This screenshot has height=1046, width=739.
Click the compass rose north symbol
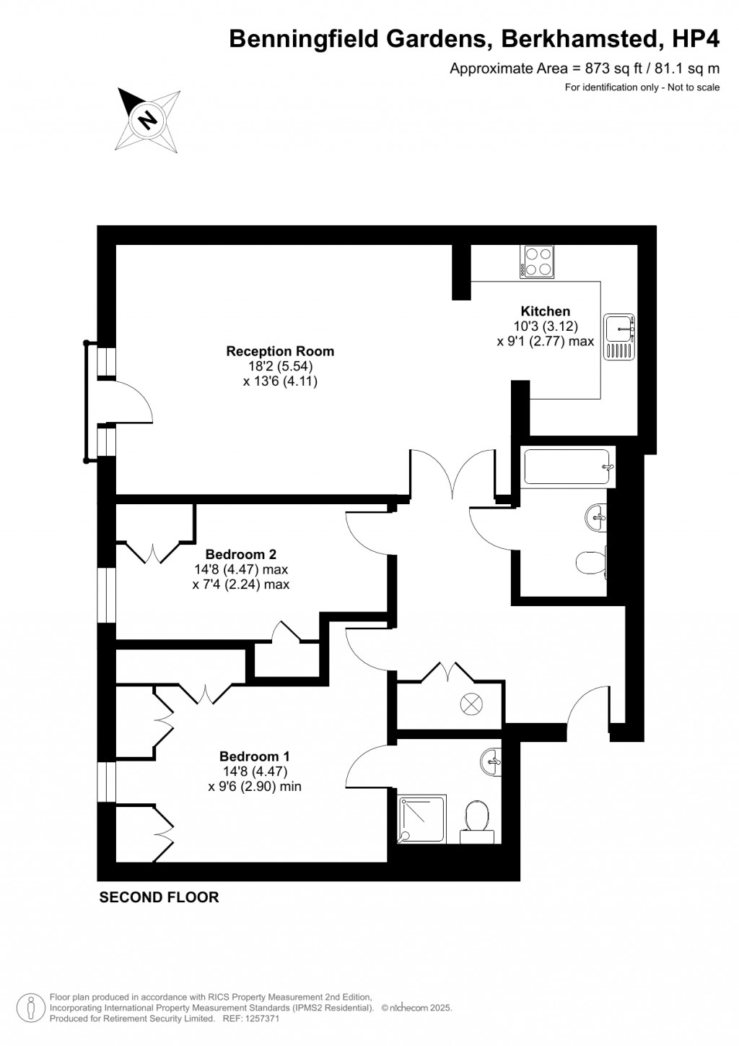pyautogui.click(x=149, y=118)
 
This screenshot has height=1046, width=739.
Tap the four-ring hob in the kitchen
pyautogui.click(x=538, y=261)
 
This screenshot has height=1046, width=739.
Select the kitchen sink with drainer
pyautogui.click(x=619, y=337)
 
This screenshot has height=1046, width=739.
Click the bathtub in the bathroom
pyautogui.click(x=569, y=467)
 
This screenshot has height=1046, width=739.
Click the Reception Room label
pyautogui.click(x=280, y=352)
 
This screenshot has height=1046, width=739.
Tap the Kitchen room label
pyautogui.click(x=546, y=311)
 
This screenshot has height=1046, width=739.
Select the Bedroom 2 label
pyautogui.click(x=241, y=555)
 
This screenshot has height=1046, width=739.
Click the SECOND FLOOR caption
pyautogui.click(x=159, y=897)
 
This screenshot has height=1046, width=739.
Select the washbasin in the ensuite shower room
pyautogui.click(x=491, y=761)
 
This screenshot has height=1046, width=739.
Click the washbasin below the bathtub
pyautogui.click(x=597, y=516)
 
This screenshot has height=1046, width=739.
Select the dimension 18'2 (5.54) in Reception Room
pyautogui.click(x=280, y=366)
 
